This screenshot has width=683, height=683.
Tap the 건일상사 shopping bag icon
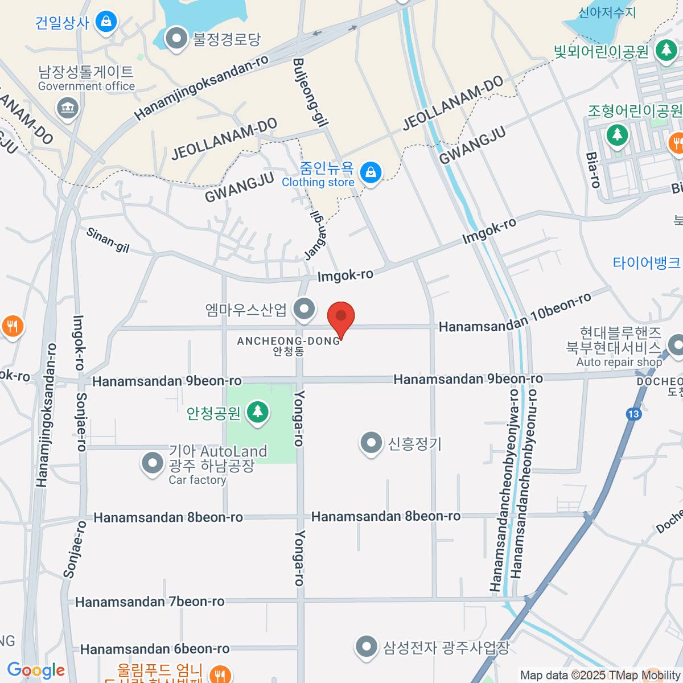pos(105,22)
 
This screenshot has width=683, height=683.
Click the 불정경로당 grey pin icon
pos(176,39)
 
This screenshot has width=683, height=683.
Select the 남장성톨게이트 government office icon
pos(68,107)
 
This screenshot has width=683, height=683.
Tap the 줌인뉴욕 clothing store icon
pos(371,171)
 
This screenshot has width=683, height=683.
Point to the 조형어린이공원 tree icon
pos(617,135)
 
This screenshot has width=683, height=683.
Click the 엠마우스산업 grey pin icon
pos(304,310)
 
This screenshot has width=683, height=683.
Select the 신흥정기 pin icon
pos(371,443)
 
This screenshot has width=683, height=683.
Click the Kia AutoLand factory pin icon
pos(152,463)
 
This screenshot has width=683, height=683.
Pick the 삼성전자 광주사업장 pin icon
pos(366,647)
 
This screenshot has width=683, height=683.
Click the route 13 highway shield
pos(633,414)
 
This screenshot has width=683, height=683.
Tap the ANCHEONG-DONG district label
pos(289,341)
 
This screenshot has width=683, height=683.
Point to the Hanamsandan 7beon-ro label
pos(150,602)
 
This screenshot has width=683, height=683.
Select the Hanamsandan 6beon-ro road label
pos(155,649)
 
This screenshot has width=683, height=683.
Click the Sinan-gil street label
pos(108,240)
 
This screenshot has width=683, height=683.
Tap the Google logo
pos(36,670)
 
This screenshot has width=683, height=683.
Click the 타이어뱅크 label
pos(647,263)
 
